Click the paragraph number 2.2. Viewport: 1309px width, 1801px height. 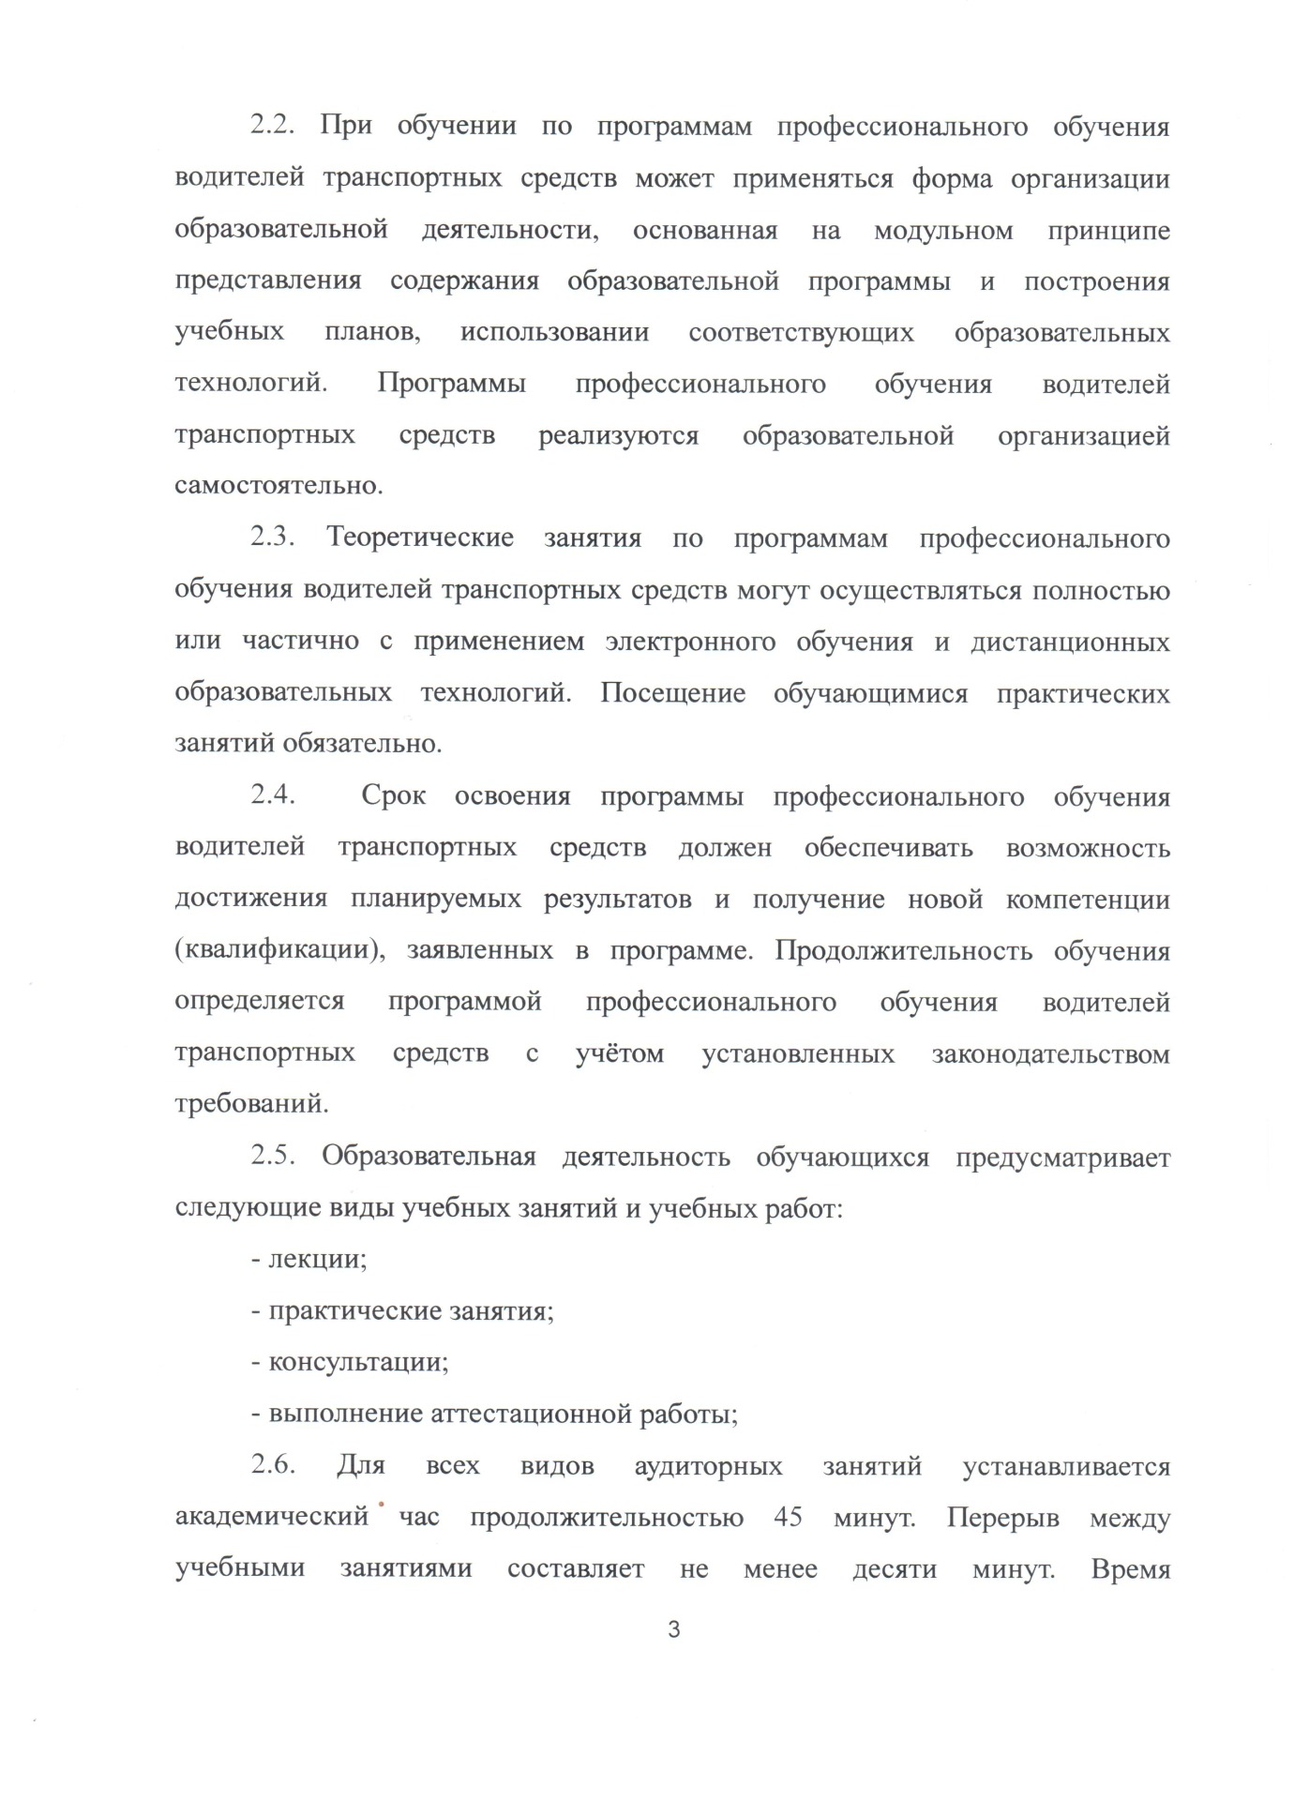click(x=274, y=126)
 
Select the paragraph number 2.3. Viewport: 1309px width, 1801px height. click(x=274, y=538)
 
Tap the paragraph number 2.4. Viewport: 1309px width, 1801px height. click(x=274, y=796)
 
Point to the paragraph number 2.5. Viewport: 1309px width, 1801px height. click(x=274, y=1157)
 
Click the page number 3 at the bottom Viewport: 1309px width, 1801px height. click(x=673, y=1629)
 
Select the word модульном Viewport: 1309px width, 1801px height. click(x=943, y=230)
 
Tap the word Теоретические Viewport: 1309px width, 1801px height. click(x=420, y=538)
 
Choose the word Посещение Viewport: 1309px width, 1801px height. click(x=673, y=693)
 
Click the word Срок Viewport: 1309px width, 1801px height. click(x=394, y=796)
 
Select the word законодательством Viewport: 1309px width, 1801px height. click(x=1051, y=1054)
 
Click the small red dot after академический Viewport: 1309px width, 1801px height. click(x=383, y=1504)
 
